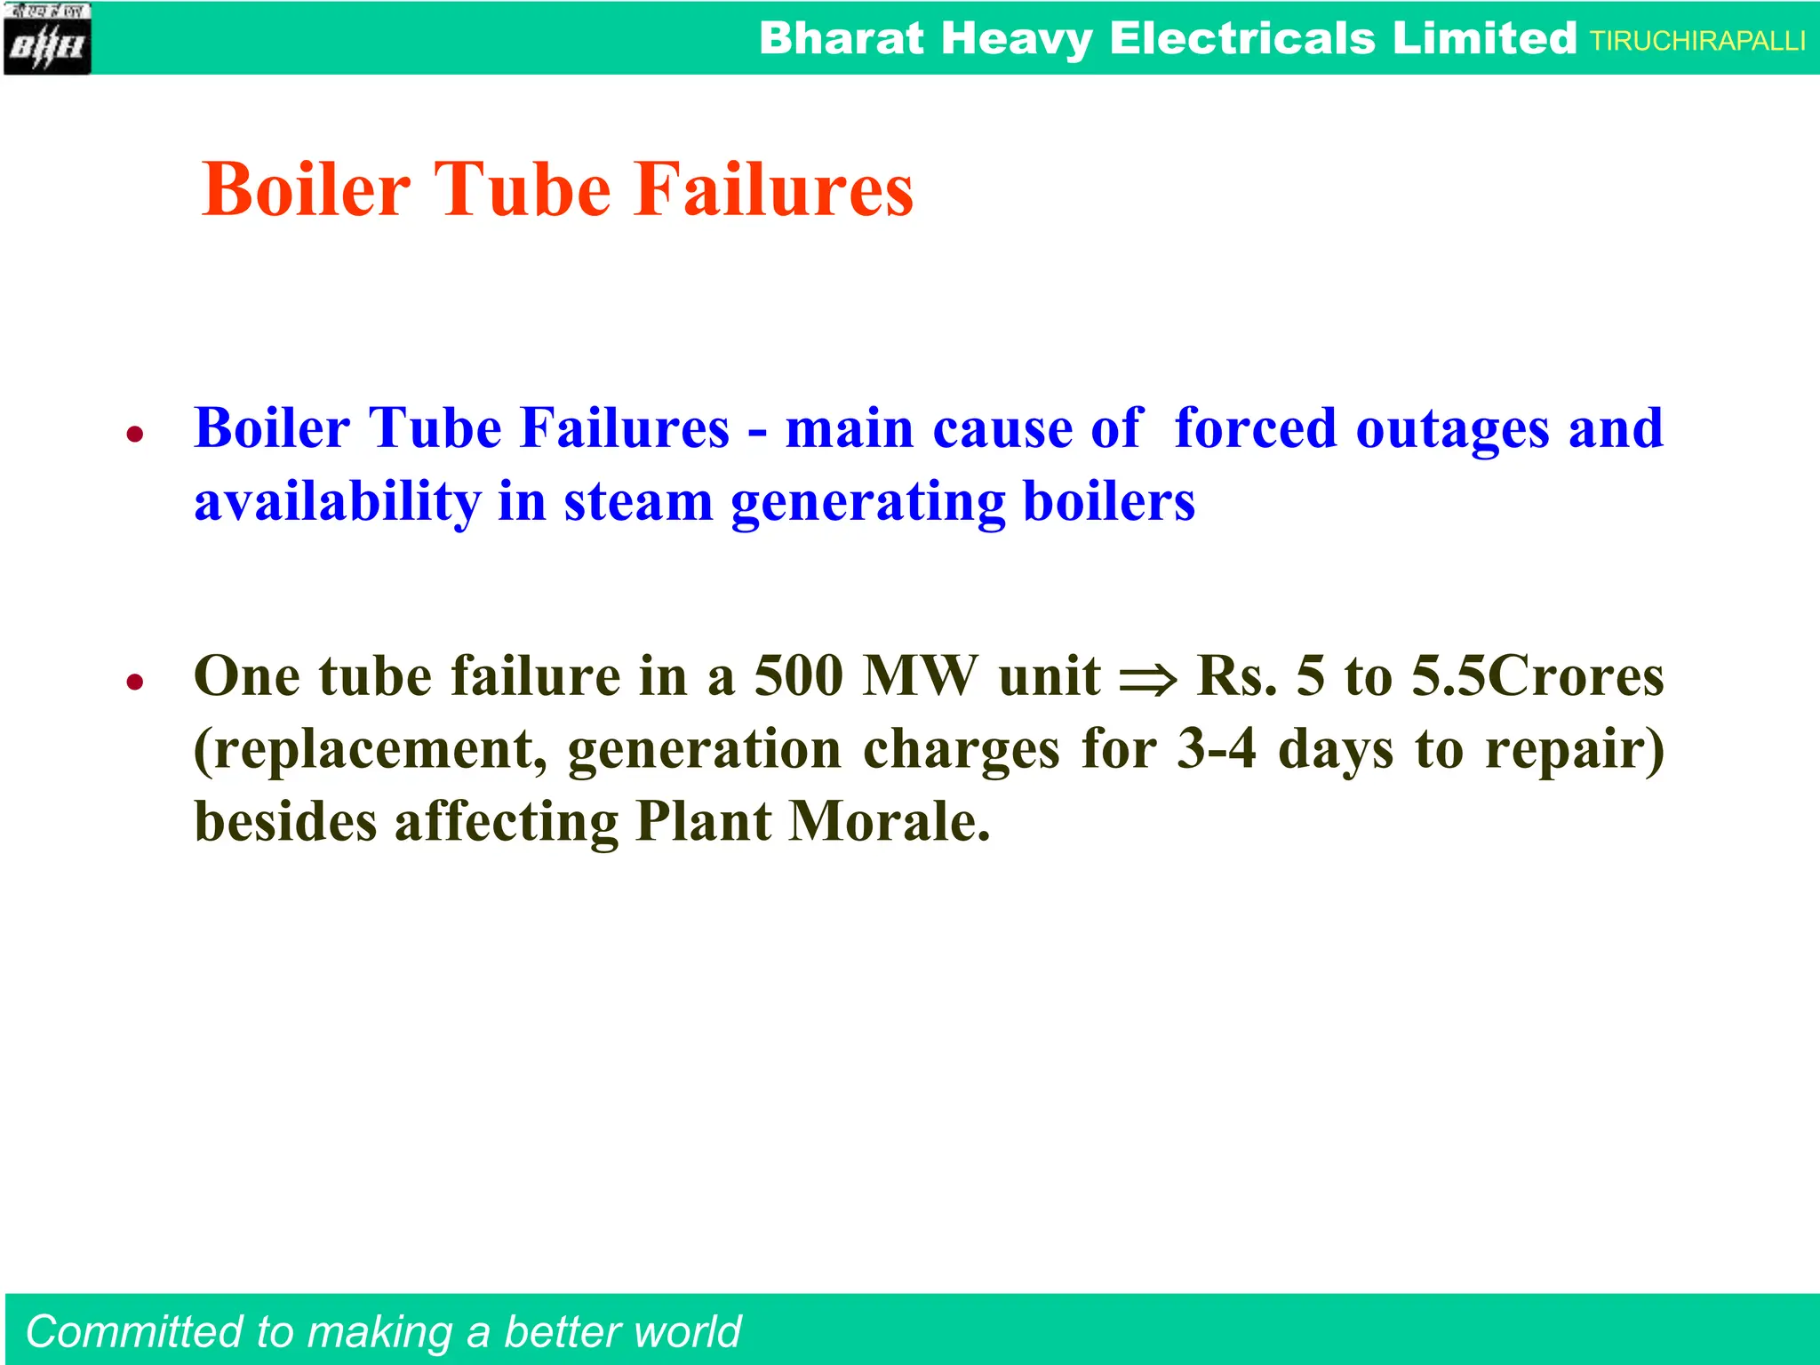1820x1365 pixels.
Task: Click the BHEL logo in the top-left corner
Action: pos(47,39)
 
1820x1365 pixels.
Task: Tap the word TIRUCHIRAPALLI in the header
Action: pos(1697,41)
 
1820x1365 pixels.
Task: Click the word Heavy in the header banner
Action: pos(1016,39)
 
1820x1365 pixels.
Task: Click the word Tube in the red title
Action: pos(523,189)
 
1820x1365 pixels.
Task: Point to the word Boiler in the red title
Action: pos(307,189)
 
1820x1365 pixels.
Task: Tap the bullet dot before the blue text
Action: pos(135,435)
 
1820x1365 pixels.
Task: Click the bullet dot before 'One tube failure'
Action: pos(135,682)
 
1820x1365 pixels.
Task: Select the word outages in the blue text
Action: pos(1453,429)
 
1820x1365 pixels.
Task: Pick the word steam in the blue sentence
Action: pos(638,502)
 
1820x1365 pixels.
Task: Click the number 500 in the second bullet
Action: pos(798,676)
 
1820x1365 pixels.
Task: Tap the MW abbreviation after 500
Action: pos(921,676)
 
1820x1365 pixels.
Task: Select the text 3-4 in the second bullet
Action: pos(1217,749)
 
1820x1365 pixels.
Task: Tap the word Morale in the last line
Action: pos(889,822)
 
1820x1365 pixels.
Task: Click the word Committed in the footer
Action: pos(134,1332)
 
